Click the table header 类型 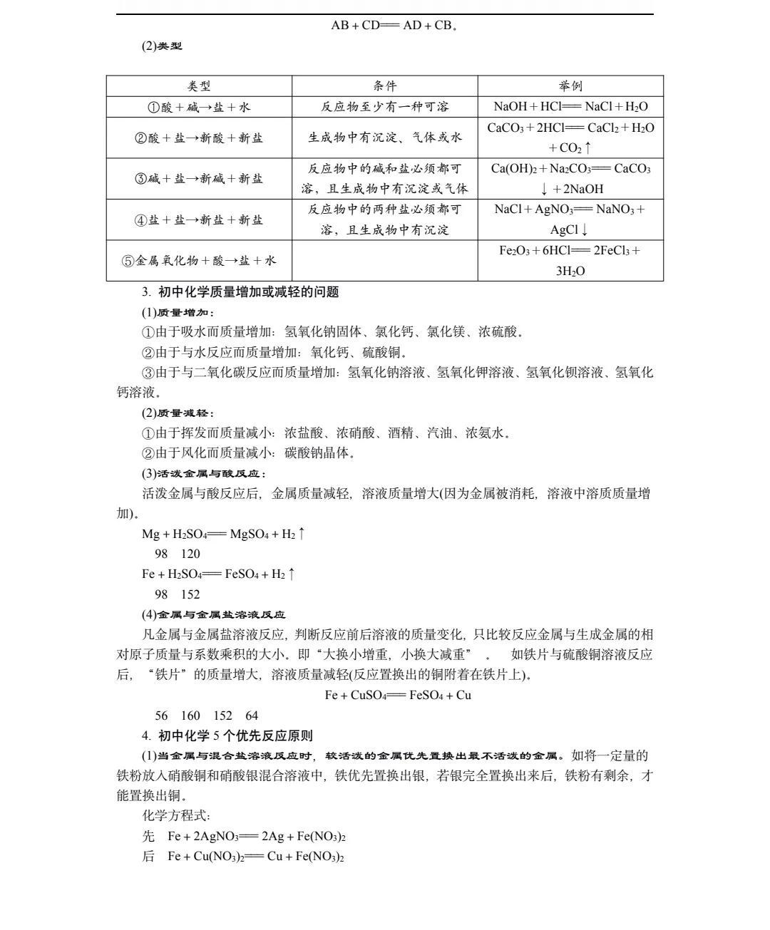tap(199, 86)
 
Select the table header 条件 tap(384, 86)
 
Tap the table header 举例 tap(570, 86)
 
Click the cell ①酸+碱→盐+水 tap(199, 107)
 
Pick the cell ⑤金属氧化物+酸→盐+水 tap(199, 260)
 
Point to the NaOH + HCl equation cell tap(570, 107)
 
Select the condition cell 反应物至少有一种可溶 tap(384, 107)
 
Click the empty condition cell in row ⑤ tap(384, 260)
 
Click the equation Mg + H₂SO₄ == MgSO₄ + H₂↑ tap(224, 534)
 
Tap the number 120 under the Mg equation tap(190, 554)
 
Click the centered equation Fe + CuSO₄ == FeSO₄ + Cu tap(398, 695)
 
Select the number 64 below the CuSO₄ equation tap(252, 715)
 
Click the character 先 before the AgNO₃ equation tap(148, 836)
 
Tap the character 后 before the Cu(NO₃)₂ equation tap(148, 857)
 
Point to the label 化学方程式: tap(176, 816)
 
